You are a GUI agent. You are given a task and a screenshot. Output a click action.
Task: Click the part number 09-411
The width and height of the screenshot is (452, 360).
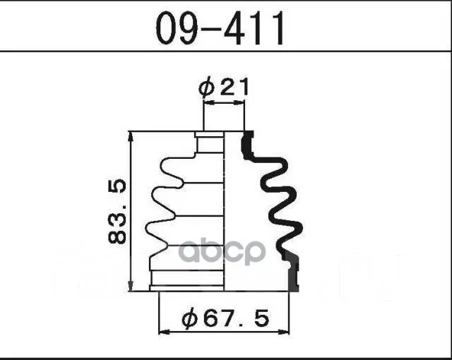(x=220, y=28)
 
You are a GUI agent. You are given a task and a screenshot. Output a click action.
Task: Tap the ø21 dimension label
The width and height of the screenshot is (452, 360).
(x=223, y=87)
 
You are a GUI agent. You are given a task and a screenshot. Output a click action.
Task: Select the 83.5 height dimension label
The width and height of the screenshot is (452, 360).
(x=117, y=212)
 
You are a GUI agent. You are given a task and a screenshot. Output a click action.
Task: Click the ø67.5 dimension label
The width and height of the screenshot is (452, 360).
(x=225, y=318)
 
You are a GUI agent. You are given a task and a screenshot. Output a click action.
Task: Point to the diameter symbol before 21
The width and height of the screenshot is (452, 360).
(x=207, y=88)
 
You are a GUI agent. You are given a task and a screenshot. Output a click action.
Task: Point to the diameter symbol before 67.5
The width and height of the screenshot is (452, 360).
(x=190, y=318)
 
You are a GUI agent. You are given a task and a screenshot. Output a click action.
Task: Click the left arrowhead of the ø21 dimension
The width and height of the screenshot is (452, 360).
(x=209, y=102)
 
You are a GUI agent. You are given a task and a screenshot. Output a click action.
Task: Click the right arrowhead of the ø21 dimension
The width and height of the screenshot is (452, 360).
(x=239, y=102)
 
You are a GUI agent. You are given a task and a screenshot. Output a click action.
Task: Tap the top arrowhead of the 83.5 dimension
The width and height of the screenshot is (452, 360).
(x=131, y=137)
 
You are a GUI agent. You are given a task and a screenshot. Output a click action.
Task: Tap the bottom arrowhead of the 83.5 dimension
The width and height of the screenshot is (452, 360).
(x=131, y=286)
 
